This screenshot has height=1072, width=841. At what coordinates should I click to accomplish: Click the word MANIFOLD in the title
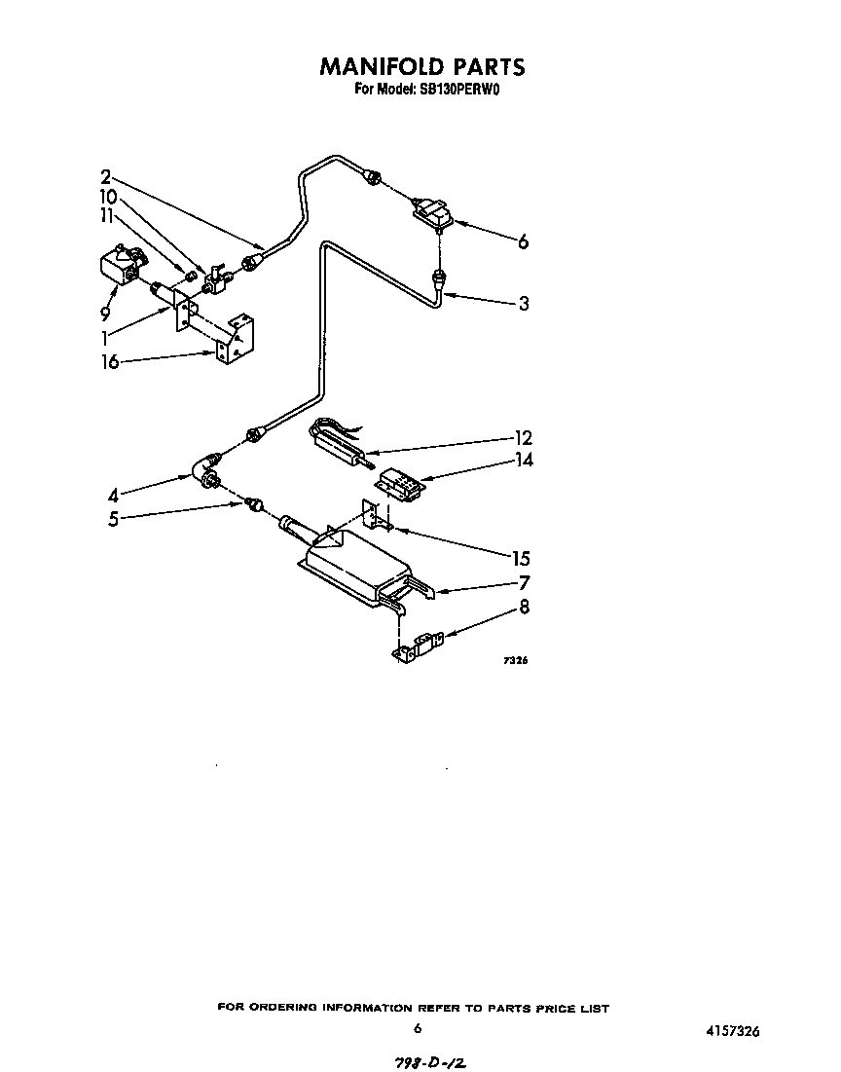[x=382, y=66]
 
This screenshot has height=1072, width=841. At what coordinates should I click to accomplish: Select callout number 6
[x=523, y=242]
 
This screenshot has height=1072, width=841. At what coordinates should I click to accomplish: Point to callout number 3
[x=524, y=304]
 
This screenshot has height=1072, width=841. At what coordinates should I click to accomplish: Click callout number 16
[x=110, y=362]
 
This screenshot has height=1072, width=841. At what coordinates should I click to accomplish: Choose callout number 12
[x=524, y=438]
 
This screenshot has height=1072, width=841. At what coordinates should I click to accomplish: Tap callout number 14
[x=524, y=461]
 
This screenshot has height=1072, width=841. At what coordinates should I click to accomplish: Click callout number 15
[x=521, y=558]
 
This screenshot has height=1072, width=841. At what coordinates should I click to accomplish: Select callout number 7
[x=524, y=584]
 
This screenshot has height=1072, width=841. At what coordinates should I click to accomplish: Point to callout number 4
[x=114, y=495]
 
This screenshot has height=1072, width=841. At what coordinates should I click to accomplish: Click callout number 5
[x=114, y=519]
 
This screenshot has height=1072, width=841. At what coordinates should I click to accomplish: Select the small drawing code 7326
[x=515, y=661]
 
